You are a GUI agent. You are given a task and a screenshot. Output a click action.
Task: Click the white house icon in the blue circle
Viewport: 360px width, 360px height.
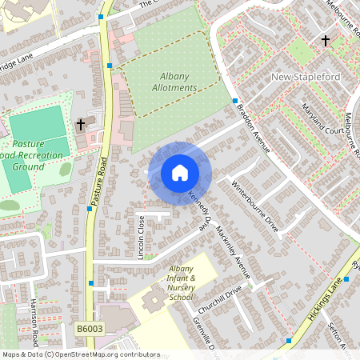pyautogui.click(x=179, y=172)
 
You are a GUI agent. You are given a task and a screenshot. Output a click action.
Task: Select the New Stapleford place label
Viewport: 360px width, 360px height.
pyautogui.click(x=306, y=77)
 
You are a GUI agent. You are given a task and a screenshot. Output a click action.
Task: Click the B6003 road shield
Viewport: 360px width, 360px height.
pyautogui.click(x=90, y=329)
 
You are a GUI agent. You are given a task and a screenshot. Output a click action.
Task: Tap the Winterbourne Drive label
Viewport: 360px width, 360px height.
pyautogui.click(x=254, y=204)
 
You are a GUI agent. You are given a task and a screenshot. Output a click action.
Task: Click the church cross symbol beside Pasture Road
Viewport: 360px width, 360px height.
pyautogui.click(x=80, y=125)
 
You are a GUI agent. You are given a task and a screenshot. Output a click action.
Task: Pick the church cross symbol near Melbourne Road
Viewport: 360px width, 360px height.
pyautogui.click(x=325, y=40)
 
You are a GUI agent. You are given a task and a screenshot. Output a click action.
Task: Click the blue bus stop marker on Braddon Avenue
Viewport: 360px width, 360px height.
pyautogui.click(x=235, y=102)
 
